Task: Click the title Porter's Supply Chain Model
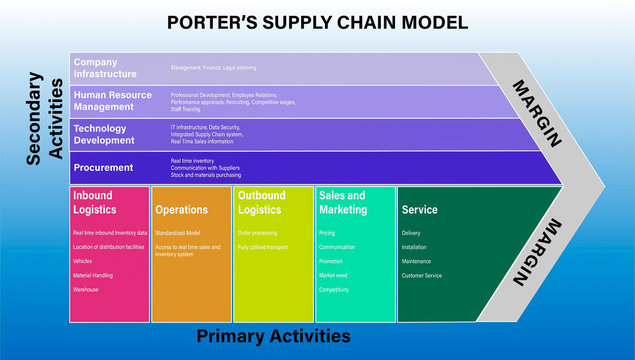317,21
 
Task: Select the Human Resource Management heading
112,101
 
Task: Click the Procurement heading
104,168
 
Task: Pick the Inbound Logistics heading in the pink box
93,202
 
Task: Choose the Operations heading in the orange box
181,210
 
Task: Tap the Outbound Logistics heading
262,202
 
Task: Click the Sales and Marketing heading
343,202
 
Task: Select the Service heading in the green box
419,210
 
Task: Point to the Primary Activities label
273,336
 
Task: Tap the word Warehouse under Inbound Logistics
86,289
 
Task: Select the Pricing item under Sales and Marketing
327,232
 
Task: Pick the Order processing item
256,232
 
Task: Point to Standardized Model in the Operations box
178,232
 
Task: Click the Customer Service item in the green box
421,275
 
